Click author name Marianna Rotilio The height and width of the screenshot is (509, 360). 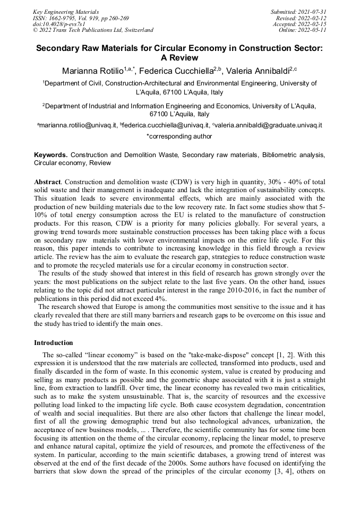(x=92, y=71)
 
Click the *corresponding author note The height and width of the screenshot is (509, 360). (x=179, y=136)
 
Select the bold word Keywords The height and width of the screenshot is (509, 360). (x=51, y=154)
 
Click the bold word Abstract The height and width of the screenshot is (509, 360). (x=47, y=182)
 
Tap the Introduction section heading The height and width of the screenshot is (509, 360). (x=54, y=343)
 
